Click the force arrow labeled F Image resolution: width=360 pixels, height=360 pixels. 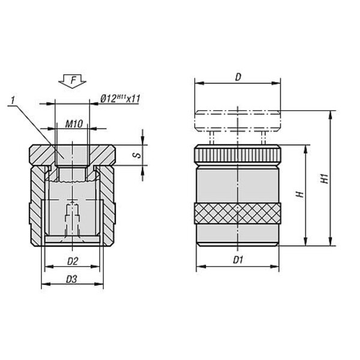click(x=73, y=81)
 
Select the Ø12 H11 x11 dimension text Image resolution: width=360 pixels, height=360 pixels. click(x=121, y=99)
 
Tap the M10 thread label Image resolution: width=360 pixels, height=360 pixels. click(x=74, y=124)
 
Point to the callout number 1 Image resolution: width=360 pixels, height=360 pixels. click(x=13, y=100)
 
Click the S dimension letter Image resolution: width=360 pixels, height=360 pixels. click(x=137, y=155)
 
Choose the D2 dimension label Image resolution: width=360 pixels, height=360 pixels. click(x=73, y=261)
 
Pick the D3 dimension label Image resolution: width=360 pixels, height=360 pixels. click(x=71, y=279)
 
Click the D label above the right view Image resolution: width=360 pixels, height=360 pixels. click(x=238, y=77)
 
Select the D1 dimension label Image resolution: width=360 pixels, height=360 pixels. click(x=238, y=260)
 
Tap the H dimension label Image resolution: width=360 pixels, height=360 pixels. click(x=300, y=194)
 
